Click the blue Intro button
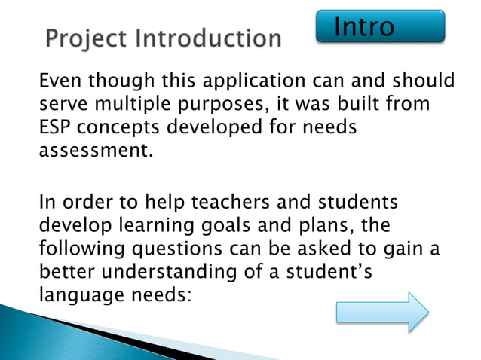pyautogui.click(x=379, y=26)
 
